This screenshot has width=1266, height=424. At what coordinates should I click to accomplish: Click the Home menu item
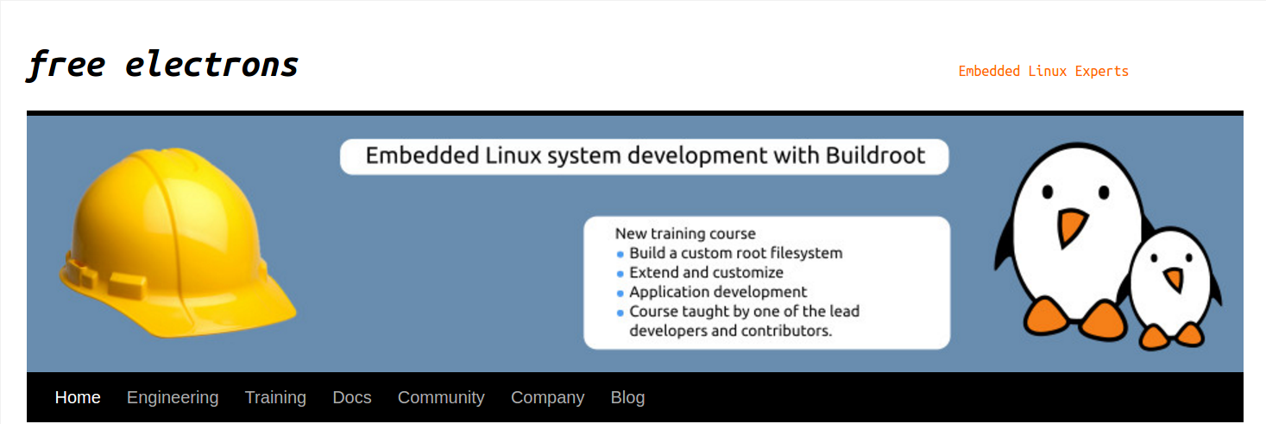click(78, 397)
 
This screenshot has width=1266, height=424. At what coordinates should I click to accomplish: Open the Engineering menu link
click(173, 397)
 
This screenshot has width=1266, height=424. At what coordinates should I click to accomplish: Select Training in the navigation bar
click(275, 397)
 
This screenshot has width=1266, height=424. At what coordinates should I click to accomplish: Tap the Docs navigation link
click(352, 397)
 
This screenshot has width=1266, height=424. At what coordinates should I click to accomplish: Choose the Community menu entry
click(441, 397)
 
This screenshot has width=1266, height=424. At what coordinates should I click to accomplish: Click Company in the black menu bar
click(547, 397)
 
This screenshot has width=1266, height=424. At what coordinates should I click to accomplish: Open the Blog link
click(627, 397)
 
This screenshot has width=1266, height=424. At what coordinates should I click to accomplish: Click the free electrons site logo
click(163, 65)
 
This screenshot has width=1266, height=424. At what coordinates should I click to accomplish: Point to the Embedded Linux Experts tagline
click(1043, 71)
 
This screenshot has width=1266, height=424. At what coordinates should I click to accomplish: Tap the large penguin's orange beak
click(1072, 226)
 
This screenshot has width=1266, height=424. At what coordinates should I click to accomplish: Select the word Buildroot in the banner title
click(875, 156)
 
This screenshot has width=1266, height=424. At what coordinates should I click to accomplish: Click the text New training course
click(685, 233)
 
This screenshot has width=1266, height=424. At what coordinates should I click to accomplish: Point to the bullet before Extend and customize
click(620, 274)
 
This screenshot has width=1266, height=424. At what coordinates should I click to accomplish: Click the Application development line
click(718, 292)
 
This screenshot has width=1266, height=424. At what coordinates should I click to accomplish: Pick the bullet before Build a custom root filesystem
click(620, 255)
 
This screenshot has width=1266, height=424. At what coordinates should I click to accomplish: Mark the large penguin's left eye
click(1048, 191)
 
